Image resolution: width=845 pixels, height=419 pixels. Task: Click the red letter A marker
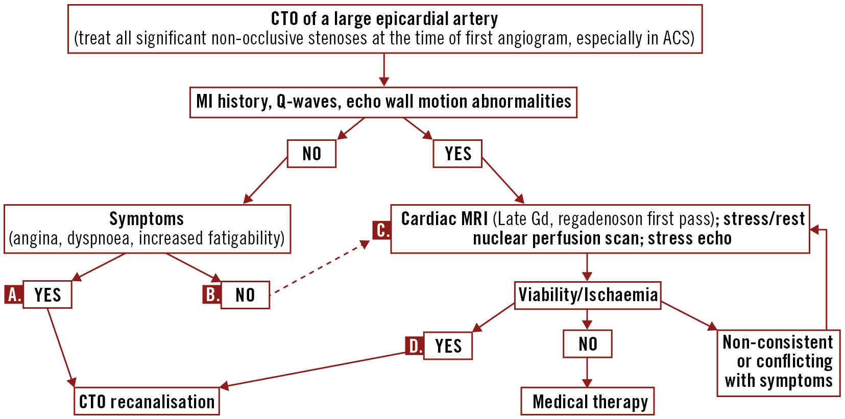click(x=14, y=294)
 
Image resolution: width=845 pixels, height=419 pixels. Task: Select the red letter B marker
click(x=211, y=294)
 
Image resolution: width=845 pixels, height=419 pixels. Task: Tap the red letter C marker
click(x=382, y=230)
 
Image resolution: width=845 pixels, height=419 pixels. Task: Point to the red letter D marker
click(x=415, y=346)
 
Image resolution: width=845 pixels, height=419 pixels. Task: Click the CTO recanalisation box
click(x=147, y=401)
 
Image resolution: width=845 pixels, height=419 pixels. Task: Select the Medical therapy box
click(x=587, y=401)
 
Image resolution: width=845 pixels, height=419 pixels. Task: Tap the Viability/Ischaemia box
click(x=588, y=295)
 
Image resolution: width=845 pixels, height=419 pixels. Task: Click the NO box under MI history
click(x=311, y=154)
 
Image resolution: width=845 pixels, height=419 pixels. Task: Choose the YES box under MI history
click(x=457, y=154)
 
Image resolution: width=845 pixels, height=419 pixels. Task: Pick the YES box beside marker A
click(x=47, y=294)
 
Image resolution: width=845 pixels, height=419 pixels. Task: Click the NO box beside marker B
click(x=245, y=295)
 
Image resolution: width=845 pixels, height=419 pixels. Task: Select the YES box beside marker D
click(x=448, y=346)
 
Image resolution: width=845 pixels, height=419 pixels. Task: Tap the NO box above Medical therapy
click(x=587, y=344)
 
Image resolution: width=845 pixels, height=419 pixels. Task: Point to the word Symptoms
click(x=147, y=219)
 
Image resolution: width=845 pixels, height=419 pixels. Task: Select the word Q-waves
click(x=307, y=102)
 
